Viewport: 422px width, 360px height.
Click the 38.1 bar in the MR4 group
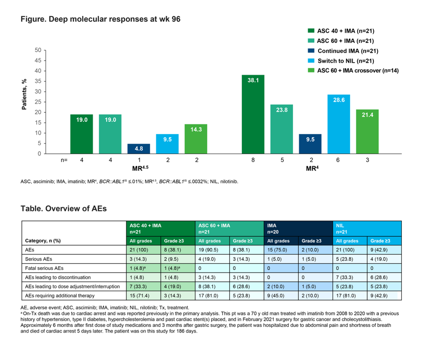point(253,114)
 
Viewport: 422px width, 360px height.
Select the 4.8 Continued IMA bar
point(139,149)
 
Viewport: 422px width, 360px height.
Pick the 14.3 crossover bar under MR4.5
point(196,139)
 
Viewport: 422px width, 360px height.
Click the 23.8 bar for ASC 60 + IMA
point(282,129)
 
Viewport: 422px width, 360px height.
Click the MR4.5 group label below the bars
point(139,168)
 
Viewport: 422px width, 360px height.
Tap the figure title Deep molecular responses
point(100,19)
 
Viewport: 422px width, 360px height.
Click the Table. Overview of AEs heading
point(63,208)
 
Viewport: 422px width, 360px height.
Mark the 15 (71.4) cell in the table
point(140,295)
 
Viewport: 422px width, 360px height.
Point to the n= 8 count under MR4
point(253,161)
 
